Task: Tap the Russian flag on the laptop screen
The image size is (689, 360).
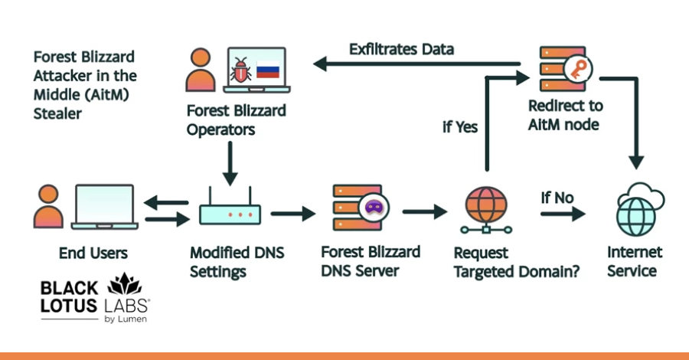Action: [267, 71]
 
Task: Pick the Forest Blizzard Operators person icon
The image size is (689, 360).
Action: [201, 71]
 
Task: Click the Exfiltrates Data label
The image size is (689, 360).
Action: [401, 49]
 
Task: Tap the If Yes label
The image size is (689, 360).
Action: [460, 126]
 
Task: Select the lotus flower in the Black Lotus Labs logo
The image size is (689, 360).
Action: [124, 286]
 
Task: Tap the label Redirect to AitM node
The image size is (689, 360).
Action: [565, 115]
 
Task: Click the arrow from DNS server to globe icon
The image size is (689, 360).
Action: [426, 212]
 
